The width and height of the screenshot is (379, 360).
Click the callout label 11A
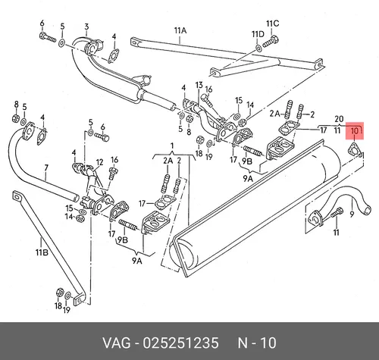[x=180, y=30]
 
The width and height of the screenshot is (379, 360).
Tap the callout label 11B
[x=42, y=252]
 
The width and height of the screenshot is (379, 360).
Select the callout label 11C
[x=273, y=23]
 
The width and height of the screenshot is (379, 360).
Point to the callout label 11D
[x=258, y=34]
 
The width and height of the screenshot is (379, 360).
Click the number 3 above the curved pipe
[x=86, y=27]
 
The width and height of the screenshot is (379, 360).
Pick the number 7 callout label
[x=46, y=168]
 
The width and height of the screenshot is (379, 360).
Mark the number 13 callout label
[x=199, y=85]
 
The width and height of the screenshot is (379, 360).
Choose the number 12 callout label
[x=99, y=162]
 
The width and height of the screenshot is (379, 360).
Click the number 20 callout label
[x=339, y=119]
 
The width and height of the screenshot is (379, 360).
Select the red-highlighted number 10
[x=355, y=131]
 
